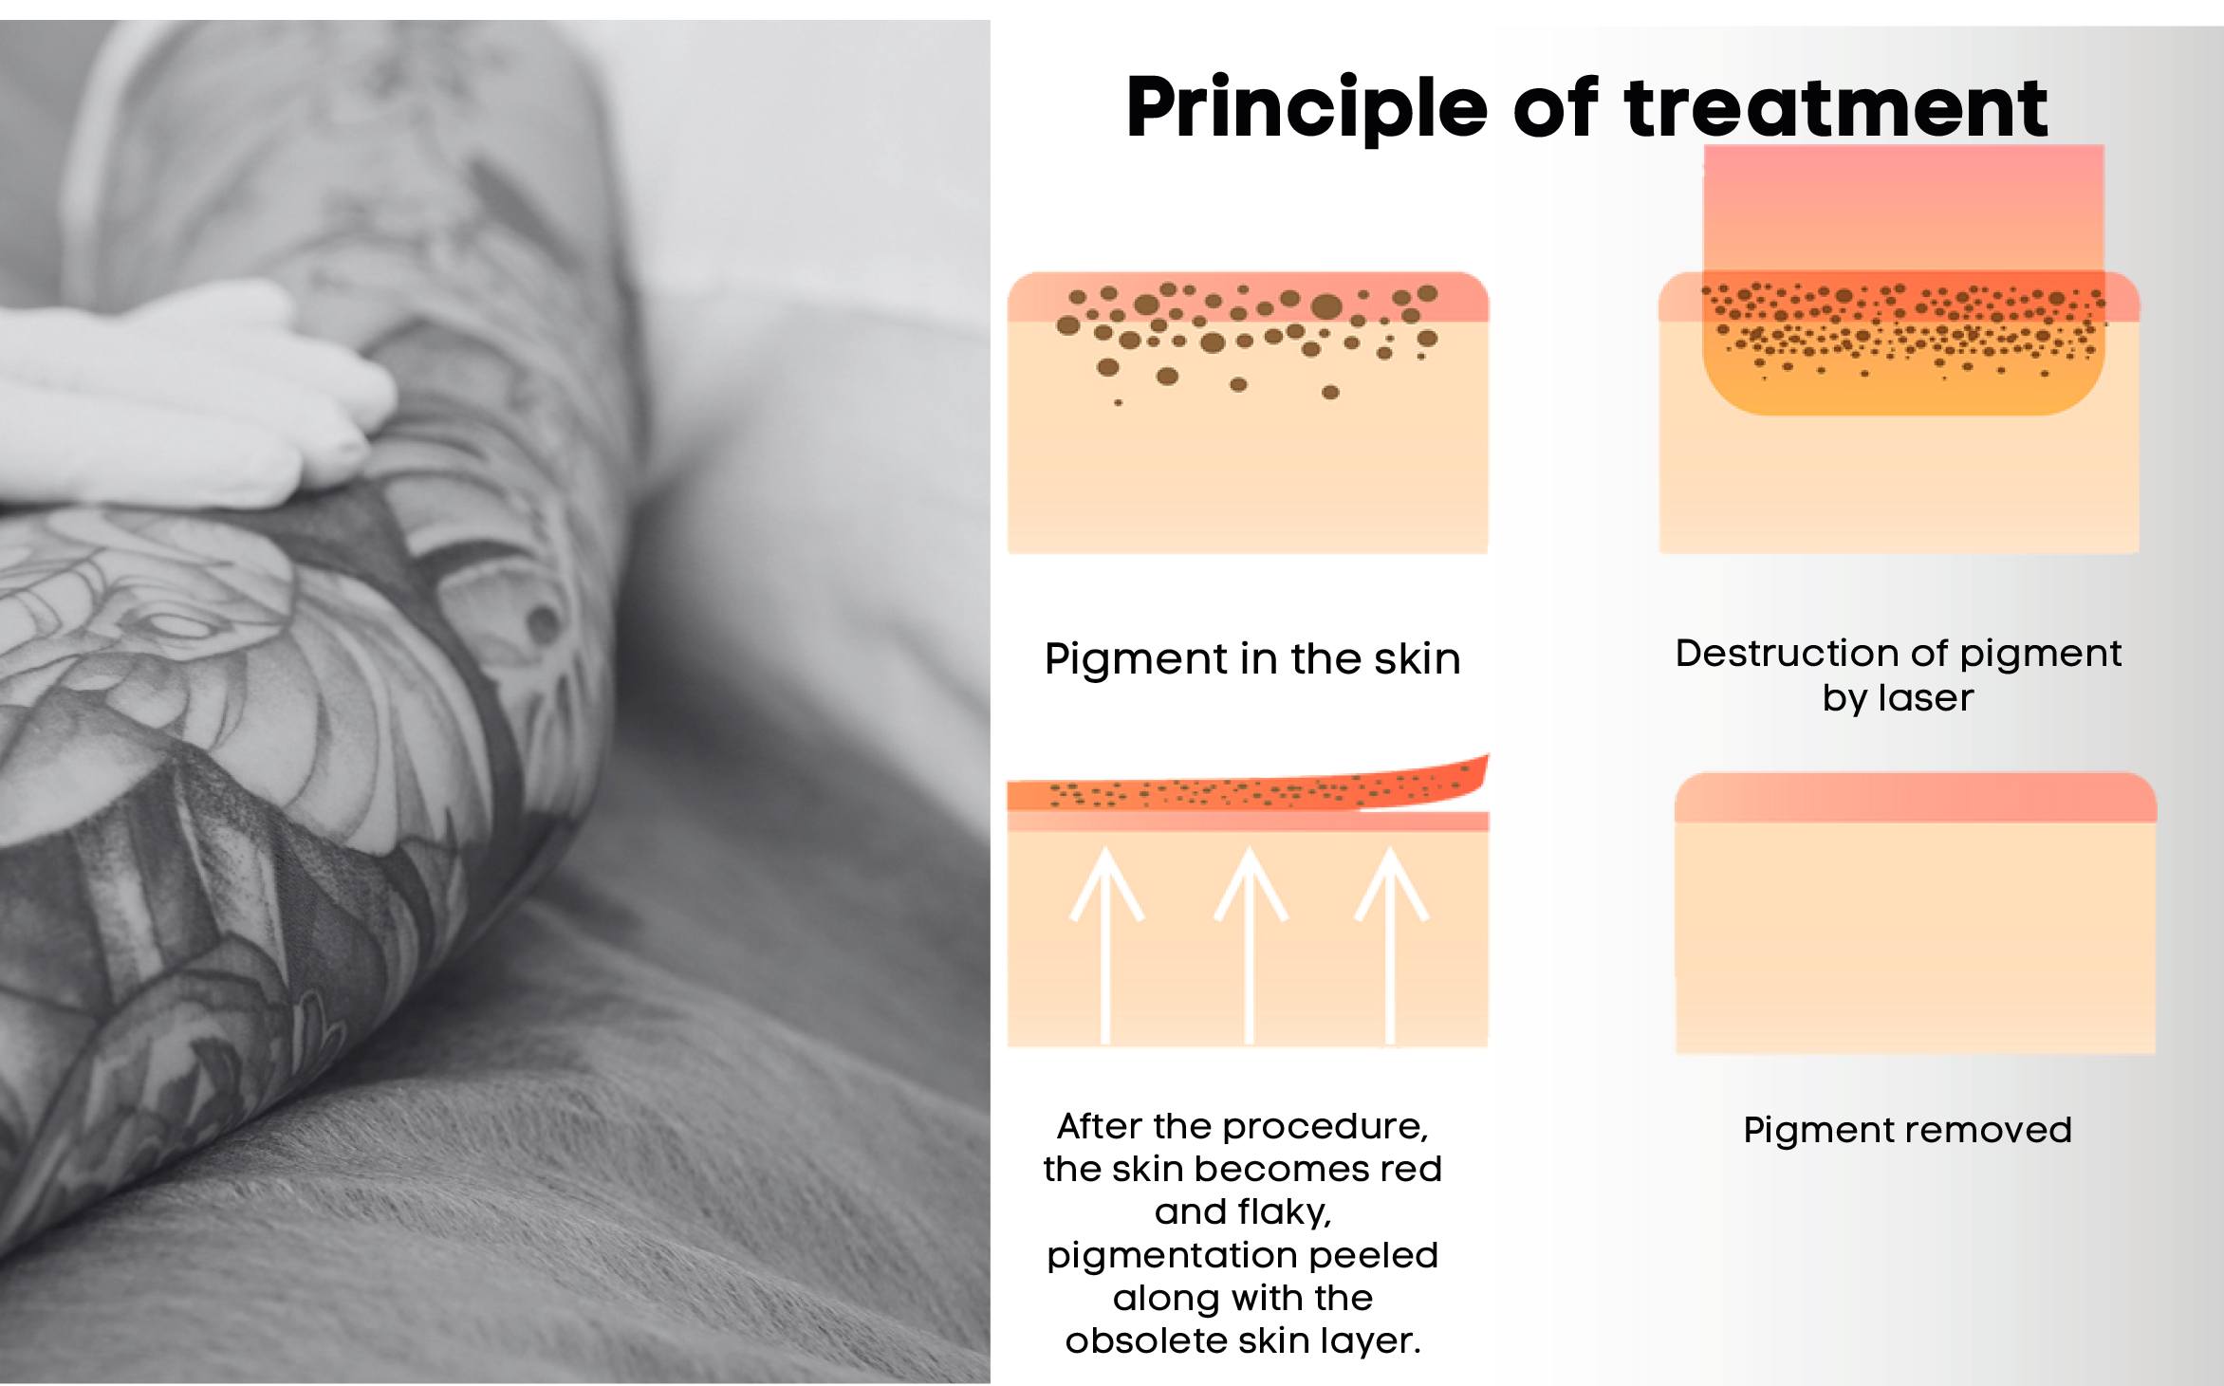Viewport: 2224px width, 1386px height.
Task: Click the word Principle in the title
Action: pyautogui.click(x=1307, y=109)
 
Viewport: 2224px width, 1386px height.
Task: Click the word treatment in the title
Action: pyautogui.click(x=1837, y=107)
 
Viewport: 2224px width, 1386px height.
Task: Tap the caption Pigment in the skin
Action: pyautogui.click(x=1252, y=659)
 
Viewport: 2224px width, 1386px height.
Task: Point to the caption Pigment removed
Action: pyautogui.click(x=1907, y=1131)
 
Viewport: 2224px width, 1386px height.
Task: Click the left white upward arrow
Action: pyautogui.click(x=1105, y=945)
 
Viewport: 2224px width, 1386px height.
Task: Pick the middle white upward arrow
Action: pyautogui.click(x=1250, y=945)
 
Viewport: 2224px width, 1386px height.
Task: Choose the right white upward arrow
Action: pyautogui.click(x=1391, y=945)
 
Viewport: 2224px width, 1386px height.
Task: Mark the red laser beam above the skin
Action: pyautogui.click(x=1903, y=209)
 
